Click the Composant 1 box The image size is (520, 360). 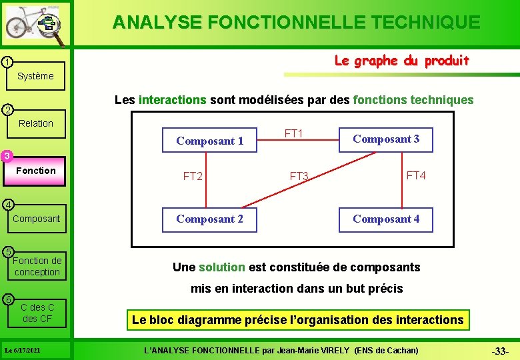click(209, 141)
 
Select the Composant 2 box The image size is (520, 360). click(209, 219)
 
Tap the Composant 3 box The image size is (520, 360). click(386, 139)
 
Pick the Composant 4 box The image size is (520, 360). click(386, 219)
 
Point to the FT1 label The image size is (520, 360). click(294, 134)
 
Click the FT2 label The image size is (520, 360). click(193, 177)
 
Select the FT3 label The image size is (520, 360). click(299, 177)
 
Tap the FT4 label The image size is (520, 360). click(416, 175)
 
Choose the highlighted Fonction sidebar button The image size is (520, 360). click(36, 171)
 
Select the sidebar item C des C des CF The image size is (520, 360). click(37, 313)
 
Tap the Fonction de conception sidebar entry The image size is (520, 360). click(37, 266)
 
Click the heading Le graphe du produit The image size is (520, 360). click(401, 61)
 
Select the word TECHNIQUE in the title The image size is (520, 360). click(423, 22)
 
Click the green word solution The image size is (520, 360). click(222, 267)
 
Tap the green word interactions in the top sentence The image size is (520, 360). click(172, 100)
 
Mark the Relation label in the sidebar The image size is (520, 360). click(36, 123)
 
